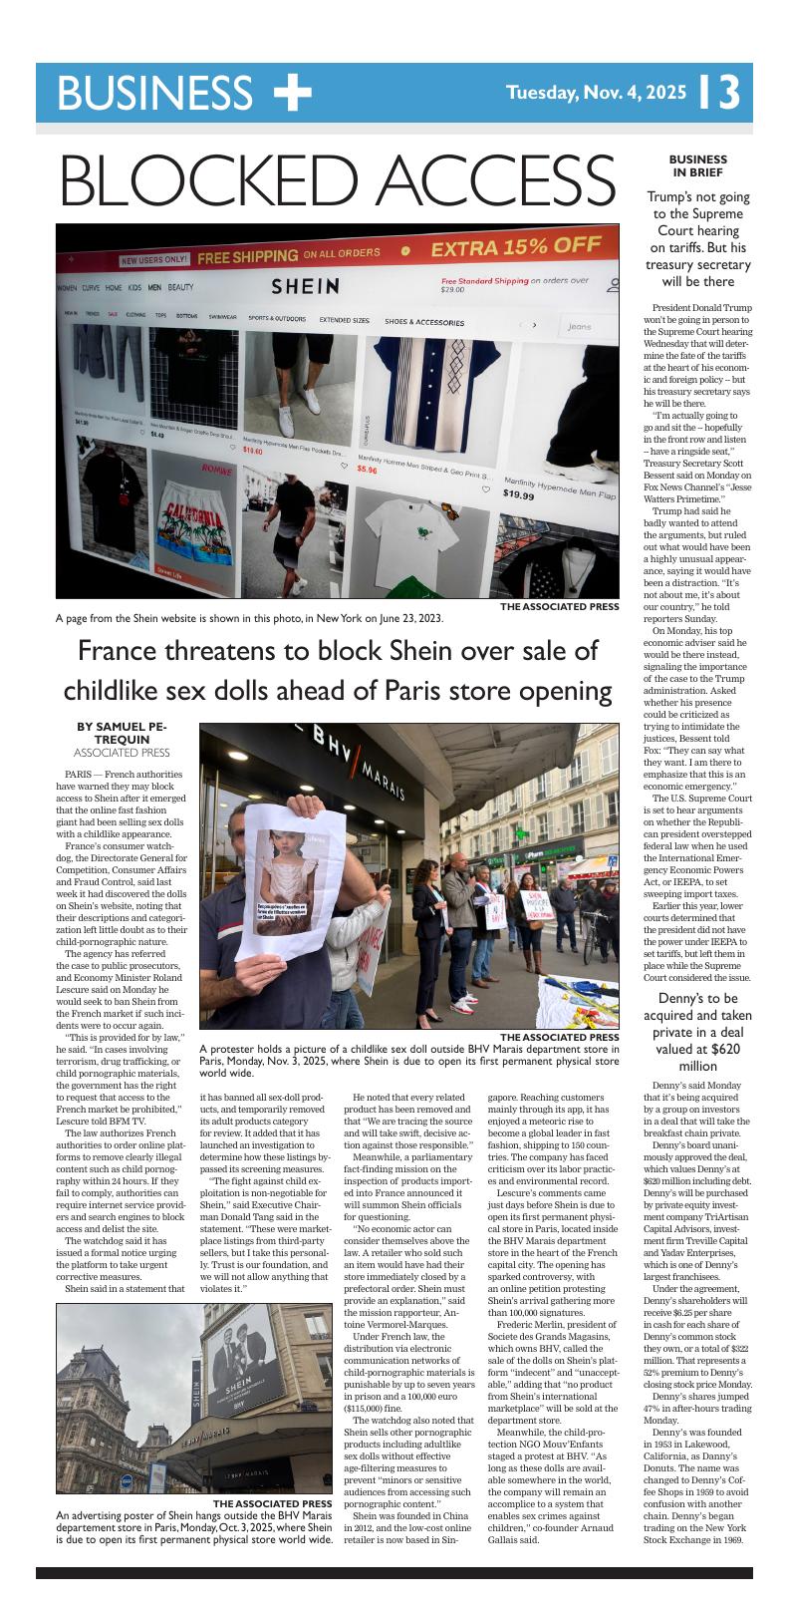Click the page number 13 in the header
[x=718, y=92]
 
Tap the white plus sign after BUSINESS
[x=292, y=92]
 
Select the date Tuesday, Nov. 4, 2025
[x=596, y=93]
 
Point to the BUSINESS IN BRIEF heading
[x=697, y=165]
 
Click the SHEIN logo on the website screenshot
[x=306, y=287]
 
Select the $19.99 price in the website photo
[x=518, y=494]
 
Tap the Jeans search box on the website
[x=587, y=326]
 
